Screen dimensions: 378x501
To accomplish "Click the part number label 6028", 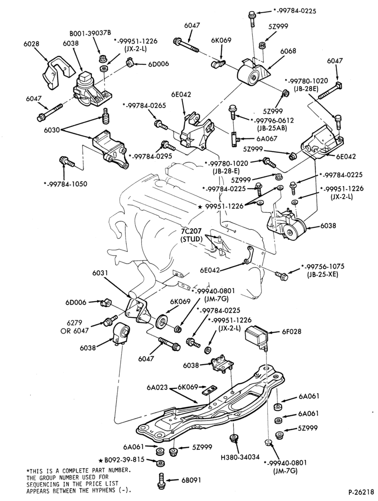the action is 31,43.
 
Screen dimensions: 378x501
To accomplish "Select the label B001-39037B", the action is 90,33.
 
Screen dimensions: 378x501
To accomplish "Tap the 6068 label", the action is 289,51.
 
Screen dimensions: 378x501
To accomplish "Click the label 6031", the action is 100,273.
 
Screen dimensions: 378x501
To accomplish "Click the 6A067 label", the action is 267,138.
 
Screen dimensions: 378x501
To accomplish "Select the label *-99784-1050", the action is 65,184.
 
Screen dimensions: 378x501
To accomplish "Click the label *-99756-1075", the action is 323,266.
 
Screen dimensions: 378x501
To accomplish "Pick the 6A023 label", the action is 157,387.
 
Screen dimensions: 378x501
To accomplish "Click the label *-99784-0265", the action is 144,106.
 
